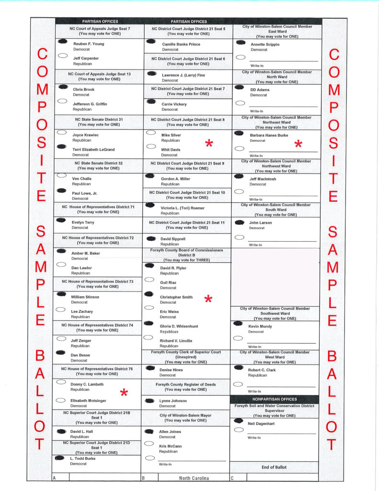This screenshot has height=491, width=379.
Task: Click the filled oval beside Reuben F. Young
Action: (x=62, y=42)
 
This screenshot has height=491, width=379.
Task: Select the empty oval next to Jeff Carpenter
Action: (x=62, y=56)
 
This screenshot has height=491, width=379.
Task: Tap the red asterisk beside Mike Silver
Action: (x=208, y=143)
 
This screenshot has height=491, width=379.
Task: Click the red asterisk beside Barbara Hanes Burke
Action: (x=298, y=143)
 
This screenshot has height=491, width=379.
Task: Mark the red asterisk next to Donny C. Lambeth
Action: (x=124, y=393)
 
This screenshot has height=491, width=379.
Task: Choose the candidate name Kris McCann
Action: (x=170, y=446)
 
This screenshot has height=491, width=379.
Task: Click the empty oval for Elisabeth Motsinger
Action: (x=61, y=400)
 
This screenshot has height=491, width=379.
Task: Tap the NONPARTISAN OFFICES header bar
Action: (x=275, y=399)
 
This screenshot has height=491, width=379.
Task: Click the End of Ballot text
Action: (x=274, y=467)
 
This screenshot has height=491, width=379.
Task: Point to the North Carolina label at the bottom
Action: (x=194, y=478)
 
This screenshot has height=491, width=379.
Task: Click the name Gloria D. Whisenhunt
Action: (x=181, y=326)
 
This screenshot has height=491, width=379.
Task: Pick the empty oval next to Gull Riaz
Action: (x=149, y=280)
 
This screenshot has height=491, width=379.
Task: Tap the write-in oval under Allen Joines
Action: (x=149, y=458)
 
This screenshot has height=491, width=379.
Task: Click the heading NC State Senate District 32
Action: (x=99, y=163)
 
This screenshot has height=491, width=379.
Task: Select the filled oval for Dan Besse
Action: (x=61, y=352)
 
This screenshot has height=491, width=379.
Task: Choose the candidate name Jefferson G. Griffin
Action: (x=90, y=104)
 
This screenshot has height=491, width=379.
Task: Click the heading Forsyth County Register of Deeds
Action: (x=185, y=384)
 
